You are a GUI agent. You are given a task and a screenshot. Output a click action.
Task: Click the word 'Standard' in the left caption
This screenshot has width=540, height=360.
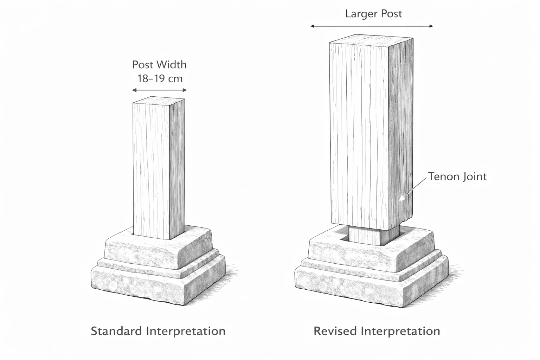coord(116,331)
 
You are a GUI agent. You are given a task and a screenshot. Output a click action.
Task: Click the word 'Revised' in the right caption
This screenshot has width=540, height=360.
coord(335,331)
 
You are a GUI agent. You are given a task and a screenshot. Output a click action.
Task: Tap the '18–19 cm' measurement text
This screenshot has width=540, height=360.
coord(160,78)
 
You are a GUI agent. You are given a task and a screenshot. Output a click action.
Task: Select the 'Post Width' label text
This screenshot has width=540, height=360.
coord(159,65)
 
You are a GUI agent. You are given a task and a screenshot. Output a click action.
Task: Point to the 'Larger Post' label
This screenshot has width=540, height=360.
coord(373,14)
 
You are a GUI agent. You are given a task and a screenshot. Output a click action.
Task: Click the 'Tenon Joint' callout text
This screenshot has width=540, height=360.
coord(457,176)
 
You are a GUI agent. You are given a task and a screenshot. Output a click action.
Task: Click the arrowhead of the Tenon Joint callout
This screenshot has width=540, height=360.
coord(400,200)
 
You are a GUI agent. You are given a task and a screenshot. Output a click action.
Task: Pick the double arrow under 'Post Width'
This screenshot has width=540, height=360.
coord(159,90)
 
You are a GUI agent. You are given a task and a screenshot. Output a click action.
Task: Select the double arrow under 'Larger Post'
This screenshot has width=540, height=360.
coord(372,26)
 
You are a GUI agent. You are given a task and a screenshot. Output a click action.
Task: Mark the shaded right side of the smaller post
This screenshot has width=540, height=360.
coord(177,169)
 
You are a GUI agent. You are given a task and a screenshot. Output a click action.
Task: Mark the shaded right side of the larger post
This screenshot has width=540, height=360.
coord(401,134)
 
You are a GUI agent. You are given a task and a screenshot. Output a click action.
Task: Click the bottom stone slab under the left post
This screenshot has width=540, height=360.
coord(141,287)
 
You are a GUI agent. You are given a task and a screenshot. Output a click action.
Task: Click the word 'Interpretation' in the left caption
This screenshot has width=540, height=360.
coord(186,331)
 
